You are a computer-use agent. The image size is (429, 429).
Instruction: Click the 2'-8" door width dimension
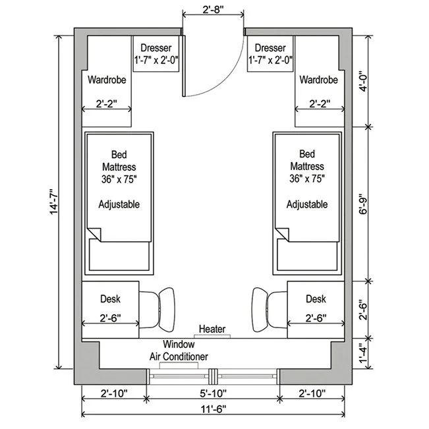point(213,10)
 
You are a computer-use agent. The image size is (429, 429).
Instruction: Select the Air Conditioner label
point(179,357)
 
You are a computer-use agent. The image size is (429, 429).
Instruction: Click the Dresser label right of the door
point(270,48)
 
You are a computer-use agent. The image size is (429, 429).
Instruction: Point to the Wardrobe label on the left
point(106,80)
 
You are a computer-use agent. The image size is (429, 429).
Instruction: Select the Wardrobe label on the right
point(318,80)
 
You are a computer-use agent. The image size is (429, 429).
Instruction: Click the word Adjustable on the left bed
point(119,204)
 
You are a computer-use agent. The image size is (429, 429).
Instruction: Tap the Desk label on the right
point(316,299)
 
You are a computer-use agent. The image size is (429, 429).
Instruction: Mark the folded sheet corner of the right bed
point(283,234)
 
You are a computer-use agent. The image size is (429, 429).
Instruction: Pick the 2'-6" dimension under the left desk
point(110,318)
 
